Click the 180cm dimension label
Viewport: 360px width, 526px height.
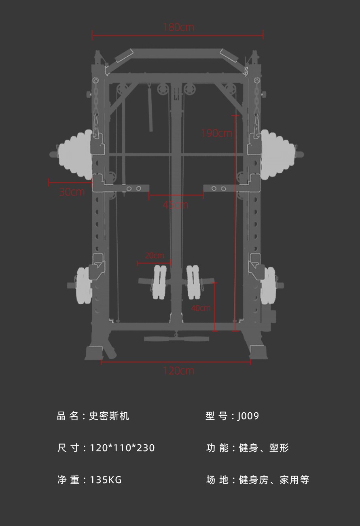point(179,28)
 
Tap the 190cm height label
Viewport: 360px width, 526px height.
point(217,133)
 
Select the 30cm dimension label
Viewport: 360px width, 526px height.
point(72,192)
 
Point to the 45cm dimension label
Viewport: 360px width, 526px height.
point(176,205)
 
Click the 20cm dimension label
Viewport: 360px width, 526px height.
point(155,255)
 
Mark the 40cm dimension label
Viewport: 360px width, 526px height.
point(201,308)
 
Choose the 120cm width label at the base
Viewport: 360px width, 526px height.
point(179,371)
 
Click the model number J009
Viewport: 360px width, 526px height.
point(248,416)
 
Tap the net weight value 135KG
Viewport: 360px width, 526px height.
point(106,480)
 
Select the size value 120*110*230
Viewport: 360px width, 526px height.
point(122,448)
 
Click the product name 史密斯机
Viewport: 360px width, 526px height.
point(109,416)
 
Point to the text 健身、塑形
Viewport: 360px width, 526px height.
point(264,448)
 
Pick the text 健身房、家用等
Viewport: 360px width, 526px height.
point(274,480)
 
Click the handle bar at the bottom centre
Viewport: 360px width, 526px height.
point(176,339)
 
